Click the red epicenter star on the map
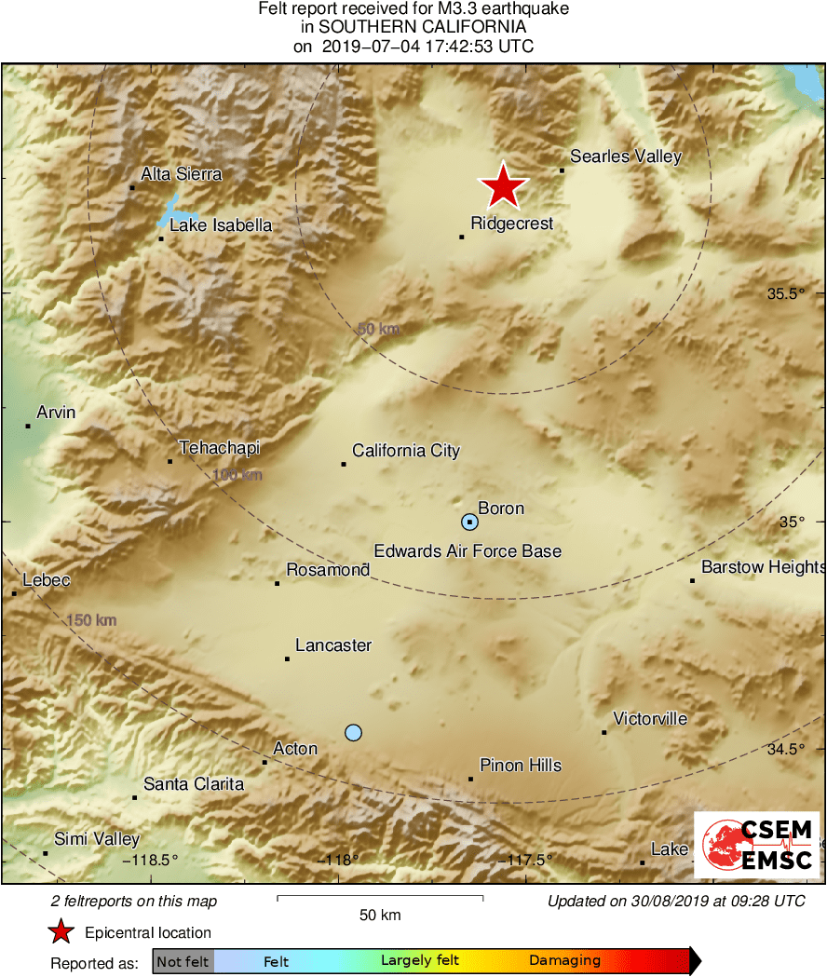click(x=503, y=186)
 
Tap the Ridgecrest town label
click(x=511, y=224)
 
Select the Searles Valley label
click(x=626, y=156)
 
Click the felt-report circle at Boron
click(x=470, y=522)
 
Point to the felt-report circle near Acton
click(x=353, y=732)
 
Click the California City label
click(x=406, y=451)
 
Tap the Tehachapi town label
click(x=219, y=448)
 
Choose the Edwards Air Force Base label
click(x=468, y=551)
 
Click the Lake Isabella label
click(x=221, y=225)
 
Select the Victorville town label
click(x=650, y=718)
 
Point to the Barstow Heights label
click(x=763, y=566)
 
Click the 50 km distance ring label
click(x=378, y=329)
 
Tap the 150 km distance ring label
click(x=92, y=620)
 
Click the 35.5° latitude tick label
click(x=785, y=294)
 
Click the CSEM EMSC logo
click(x=758, y=844)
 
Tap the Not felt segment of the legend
click(x=183, y=961)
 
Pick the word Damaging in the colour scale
click(x=564, y=961)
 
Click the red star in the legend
click(x=61, y=932)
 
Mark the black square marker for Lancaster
click(x=287, y=659)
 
